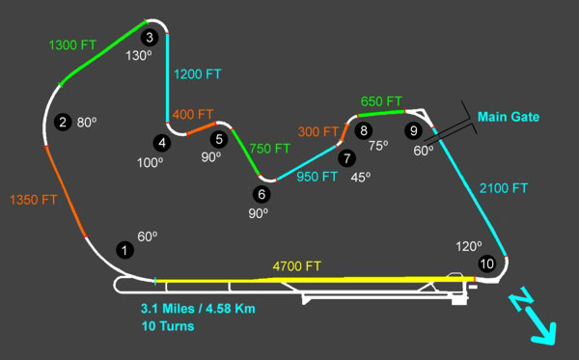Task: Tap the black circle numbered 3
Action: tap(149, 38)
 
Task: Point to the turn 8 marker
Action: tap(363, 129)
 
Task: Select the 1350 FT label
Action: tap(32, 200)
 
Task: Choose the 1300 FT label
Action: tap(73, 44)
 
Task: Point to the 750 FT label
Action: tap(270, 149)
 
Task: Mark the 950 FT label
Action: tap(317, 177)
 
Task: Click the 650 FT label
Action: tap(381, 100)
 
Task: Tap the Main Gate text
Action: tap(509, 117)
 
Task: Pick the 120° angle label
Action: tap(469, 246)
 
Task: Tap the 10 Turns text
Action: tap(165, 327)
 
